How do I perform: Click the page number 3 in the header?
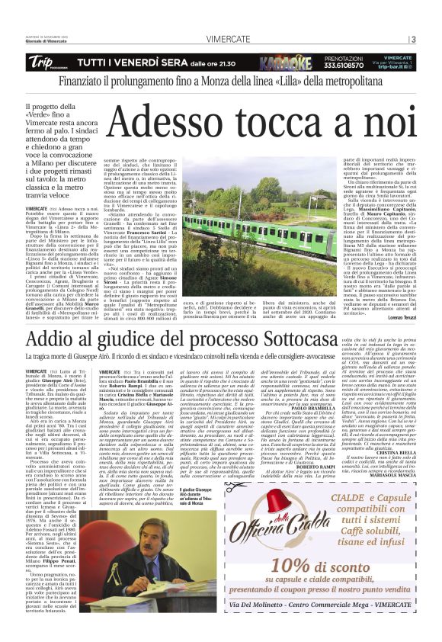pyautogui.click(x=413, y=40)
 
